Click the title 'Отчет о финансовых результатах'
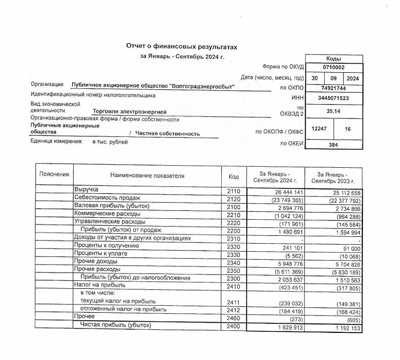click(181, 47)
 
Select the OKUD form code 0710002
click(334, 67)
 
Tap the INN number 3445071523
click(334, 98)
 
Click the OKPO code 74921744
click(334, 88)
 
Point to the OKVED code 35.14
click(334, 112)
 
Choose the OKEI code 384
click(334, 144)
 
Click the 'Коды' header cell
click(334, 58)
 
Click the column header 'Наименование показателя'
click(147, 175)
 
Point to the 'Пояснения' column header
click(54, 174)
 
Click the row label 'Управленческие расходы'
click(109, 221)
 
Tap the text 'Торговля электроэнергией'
click(129, 112)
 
